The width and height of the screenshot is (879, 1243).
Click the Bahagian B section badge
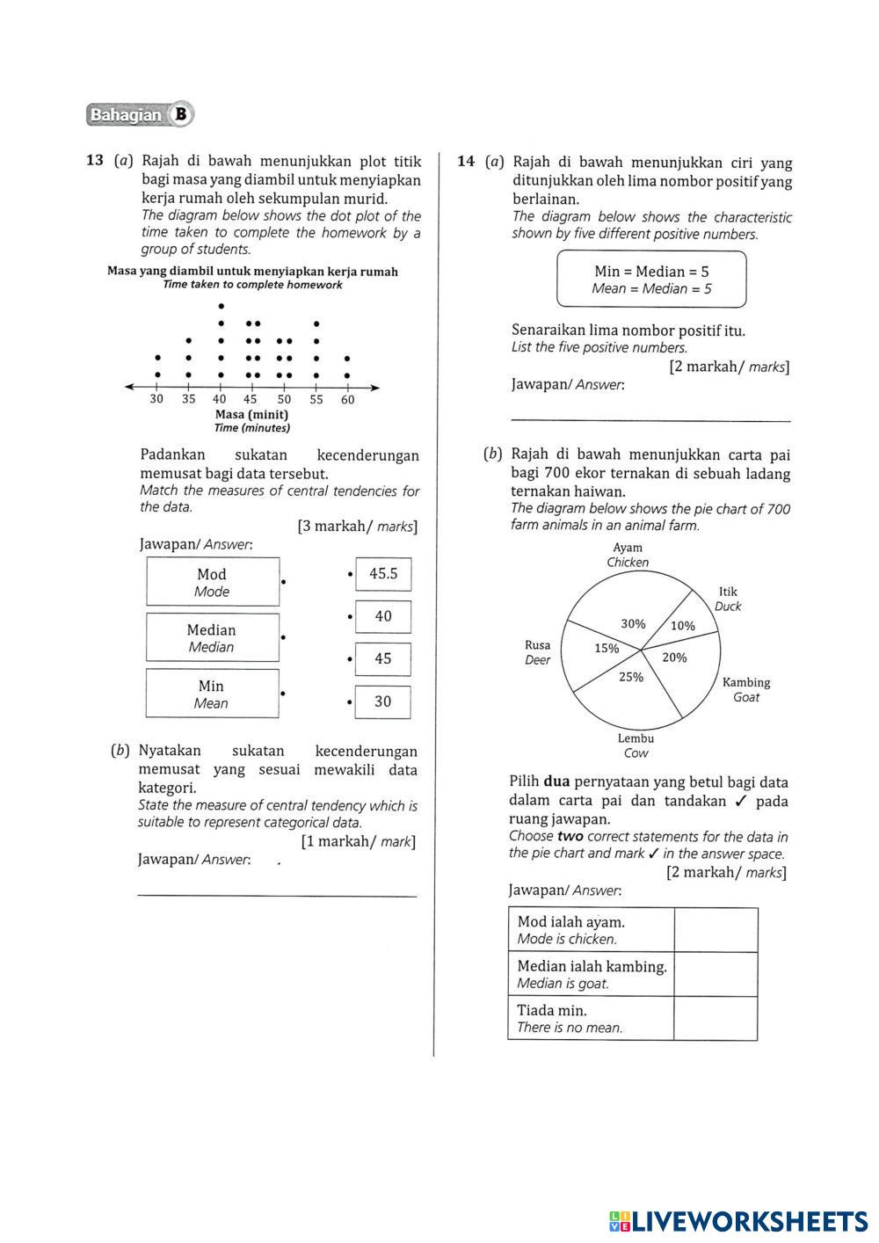coord(140,114)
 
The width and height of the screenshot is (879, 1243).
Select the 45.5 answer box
coord(383,574)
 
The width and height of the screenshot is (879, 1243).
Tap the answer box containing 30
coord(383,701)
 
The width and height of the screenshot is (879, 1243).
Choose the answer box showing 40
coord(383,616)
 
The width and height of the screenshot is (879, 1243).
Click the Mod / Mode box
coord(212,582)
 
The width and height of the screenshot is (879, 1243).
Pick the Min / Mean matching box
coord(212,694)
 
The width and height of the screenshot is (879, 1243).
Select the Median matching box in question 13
coord(212,637)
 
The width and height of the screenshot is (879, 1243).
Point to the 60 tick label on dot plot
coord(347,400)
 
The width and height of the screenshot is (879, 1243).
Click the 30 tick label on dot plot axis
coord(156,399)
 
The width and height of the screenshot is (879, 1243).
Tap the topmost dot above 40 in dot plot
coord(221,306)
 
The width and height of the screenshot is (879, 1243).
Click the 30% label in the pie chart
coord(633,623)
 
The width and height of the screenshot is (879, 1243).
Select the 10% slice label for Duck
coord(683,626)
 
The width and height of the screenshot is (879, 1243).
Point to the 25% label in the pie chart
coord(630,677)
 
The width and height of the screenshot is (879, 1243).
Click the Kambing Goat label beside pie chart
coord(745,689)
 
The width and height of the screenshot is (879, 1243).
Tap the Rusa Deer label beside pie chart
coord(537,652)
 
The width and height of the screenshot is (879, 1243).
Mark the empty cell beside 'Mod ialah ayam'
coord(716,930)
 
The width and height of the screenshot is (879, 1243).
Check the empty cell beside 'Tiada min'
coord(716,1018)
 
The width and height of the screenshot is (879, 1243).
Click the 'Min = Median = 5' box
coord(651,280)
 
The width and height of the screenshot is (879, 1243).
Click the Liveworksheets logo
coord(737,1221)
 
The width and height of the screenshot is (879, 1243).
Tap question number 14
coord(466,162)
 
